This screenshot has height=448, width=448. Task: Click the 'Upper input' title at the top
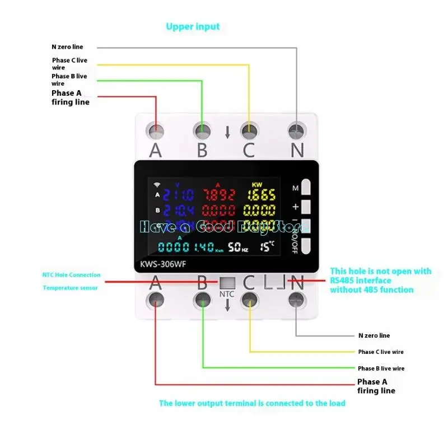coord(193,26)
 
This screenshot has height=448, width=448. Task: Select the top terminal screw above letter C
coord(249,131)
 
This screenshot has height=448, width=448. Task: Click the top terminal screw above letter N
coord(297,131)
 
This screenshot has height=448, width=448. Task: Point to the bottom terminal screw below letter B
coord(202,302)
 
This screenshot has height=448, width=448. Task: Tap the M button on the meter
coord(305,187)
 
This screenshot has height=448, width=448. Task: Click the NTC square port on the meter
coord(227,283)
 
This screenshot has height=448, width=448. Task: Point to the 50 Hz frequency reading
coord(237,246)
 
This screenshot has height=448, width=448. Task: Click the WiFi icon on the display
coord(157,184)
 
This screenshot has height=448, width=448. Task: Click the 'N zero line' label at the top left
coord(67,47)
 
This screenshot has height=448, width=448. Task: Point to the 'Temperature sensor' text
coord(70,288)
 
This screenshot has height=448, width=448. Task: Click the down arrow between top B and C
coord(227,133)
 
